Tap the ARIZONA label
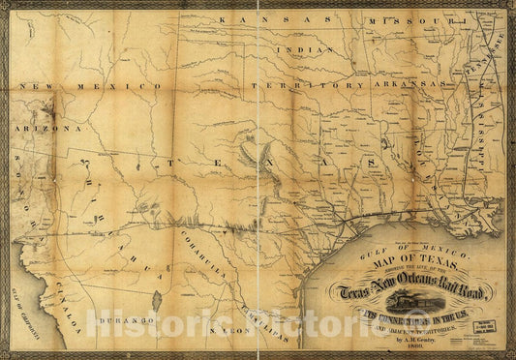click(46, 127)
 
